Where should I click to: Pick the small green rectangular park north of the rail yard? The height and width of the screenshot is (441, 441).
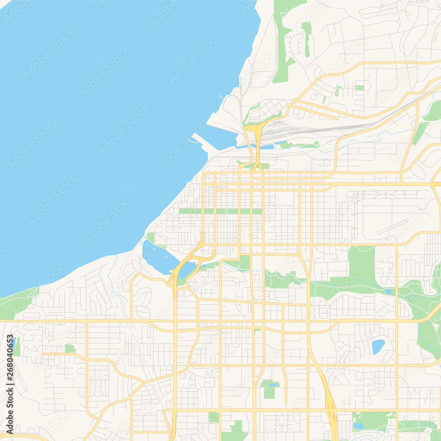coord(360,88)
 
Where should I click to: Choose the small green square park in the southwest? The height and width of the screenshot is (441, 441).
coord(70,348)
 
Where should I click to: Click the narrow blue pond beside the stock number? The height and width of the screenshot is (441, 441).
coord(14,342)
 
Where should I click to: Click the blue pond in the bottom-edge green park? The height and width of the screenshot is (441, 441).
coord(359,426)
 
